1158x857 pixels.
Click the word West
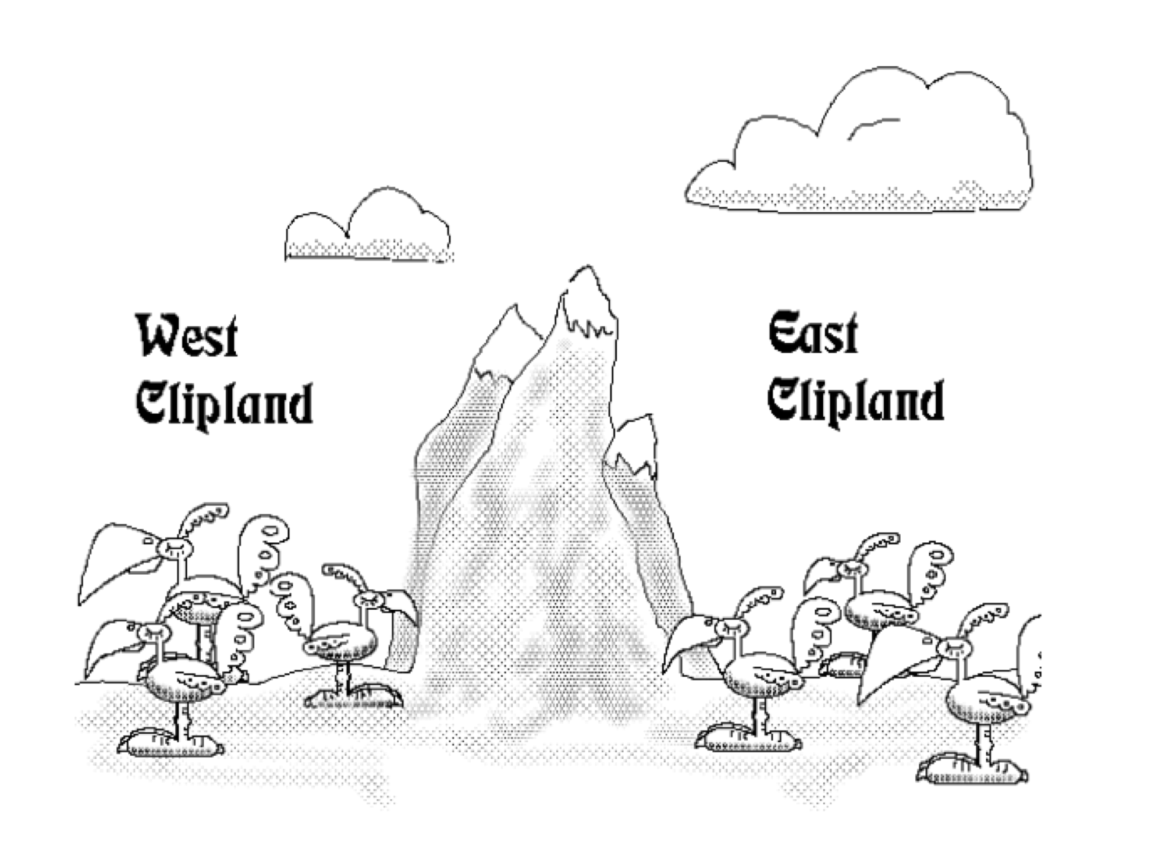coord(187,336)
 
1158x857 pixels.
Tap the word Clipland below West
coord(224,404)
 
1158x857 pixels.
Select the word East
coord(813,334)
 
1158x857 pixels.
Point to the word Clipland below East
coord(855,401)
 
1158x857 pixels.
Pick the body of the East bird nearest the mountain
coord(761,677)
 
